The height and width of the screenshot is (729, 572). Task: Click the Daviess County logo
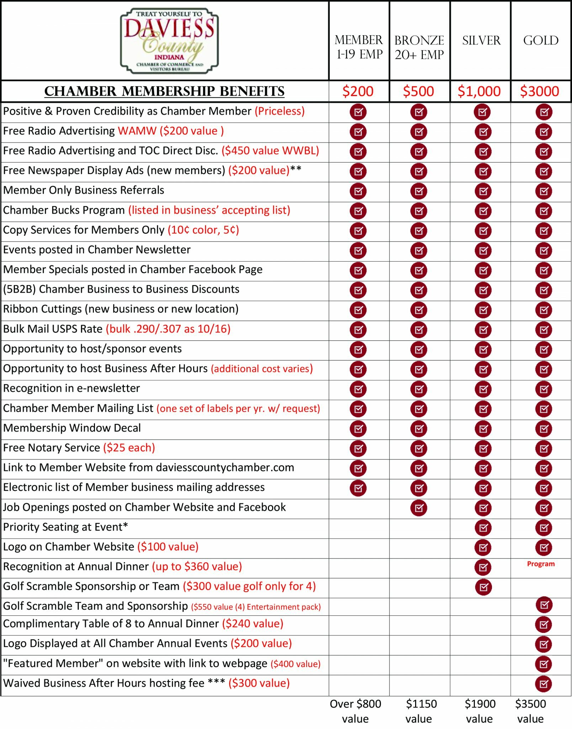[169, 41]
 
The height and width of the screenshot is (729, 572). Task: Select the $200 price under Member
[358, 91]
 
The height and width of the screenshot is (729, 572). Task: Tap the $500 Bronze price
[418, 91]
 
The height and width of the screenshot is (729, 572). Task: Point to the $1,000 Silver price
[479, 91]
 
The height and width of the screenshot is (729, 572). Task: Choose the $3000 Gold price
[540, 91]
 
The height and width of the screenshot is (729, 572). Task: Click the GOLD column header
[541, 41]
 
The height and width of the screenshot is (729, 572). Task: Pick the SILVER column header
[481, 41]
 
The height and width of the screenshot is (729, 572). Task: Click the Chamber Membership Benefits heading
[164, 91]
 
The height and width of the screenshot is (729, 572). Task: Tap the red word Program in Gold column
[541, 564]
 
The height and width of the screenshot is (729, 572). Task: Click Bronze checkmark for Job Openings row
[419, 508]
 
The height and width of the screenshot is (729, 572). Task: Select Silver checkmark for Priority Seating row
[483, 528]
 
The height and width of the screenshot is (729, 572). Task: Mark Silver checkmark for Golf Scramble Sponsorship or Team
[483, 587]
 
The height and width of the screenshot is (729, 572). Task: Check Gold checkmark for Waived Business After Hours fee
[544, 684]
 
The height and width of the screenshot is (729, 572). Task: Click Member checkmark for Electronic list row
[358, 488]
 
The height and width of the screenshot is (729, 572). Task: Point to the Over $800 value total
[355, 711]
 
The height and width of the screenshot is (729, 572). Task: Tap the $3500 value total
[530, 711]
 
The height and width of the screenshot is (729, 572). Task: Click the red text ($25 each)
[129, 448]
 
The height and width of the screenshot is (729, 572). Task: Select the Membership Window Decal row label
[72, 428]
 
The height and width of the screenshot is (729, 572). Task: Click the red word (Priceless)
[280, 111]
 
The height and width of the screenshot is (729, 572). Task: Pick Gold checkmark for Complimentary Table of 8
[544, 624]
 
